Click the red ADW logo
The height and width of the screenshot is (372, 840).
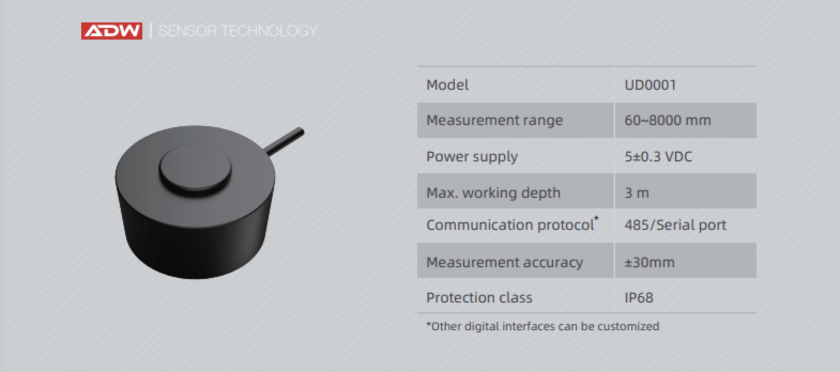point(112,30)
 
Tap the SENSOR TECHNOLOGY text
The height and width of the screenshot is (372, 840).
point(238,30)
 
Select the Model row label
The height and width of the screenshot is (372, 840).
point(447,85)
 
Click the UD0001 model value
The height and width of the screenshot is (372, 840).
point(650,85)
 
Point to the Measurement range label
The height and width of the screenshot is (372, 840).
point(494,120)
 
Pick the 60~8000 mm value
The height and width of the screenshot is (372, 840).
point(668,120)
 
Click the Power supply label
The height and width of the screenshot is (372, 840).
point(472,157)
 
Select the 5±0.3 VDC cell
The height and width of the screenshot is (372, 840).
point(658,156)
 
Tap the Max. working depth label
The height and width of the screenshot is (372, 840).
point(493,192)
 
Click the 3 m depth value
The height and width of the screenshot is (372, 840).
point(637,192)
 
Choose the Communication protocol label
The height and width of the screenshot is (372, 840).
point(510,225)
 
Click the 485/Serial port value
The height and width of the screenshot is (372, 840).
point(675,225)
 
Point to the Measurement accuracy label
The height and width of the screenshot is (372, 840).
point(505,262)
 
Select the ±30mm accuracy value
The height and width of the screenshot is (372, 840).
point(650,262)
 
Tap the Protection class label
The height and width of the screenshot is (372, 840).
point(479,298)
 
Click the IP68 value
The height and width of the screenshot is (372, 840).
point(639,298)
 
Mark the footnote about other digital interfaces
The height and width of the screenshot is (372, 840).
point(543,326)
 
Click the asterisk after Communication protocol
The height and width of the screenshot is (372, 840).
point(596,219)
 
